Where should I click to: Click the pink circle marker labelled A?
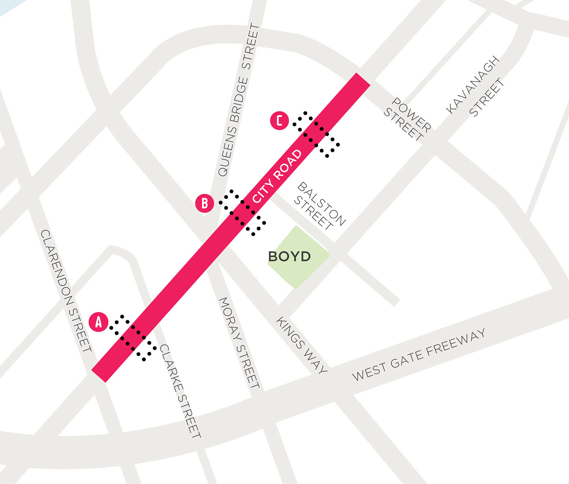pos(98,322)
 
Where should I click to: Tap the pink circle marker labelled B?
pos(204,203)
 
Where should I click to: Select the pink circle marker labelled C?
pos(280,121)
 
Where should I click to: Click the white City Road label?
pos(277,176)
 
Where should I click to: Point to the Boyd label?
pos(289,256)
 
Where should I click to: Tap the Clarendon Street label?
pos(66,290)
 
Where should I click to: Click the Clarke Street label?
pos(180,391)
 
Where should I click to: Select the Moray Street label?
pos(239,343)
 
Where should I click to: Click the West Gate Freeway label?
pos(419,355)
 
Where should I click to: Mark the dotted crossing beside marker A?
pos(133,338)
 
